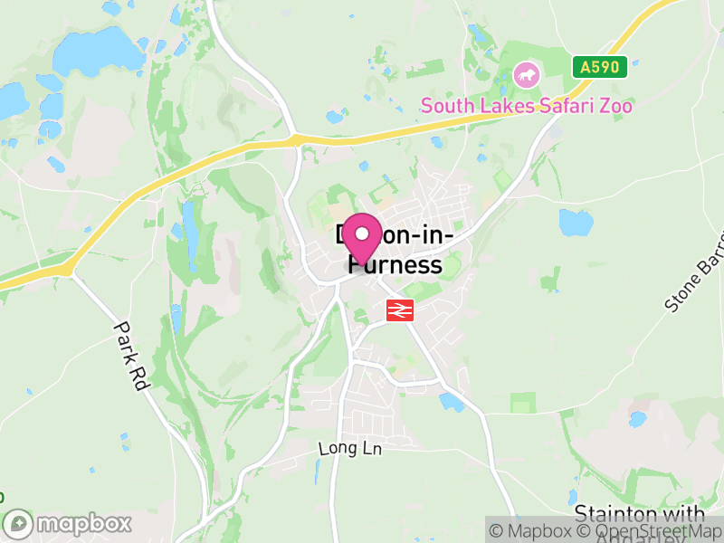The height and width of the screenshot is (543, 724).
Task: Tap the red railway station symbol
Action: (399, 310)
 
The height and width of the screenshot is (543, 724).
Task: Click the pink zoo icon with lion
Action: (525, 74)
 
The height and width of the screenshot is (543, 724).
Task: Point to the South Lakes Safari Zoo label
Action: (526, 106)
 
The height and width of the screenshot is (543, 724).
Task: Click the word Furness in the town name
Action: (395, 265)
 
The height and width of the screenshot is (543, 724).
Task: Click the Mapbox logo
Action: (68, 524)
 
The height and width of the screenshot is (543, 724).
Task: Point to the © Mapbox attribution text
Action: (534, 532)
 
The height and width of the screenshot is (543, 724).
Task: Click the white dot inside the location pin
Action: (362, 234)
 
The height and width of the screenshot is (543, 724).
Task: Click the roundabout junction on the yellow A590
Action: (295, 139)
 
